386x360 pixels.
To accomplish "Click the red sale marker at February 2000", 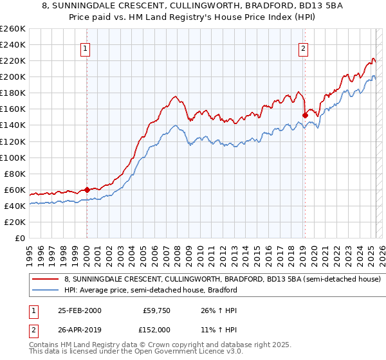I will (87, 190).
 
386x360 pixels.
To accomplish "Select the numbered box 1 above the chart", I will (86, 47).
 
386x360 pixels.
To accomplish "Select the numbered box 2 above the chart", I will (303, 47).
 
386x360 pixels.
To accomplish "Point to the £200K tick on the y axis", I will (14, 76).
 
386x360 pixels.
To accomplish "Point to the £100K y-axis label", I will (14, 157).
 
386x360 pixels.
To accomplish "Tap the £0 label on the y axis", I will (20, 238).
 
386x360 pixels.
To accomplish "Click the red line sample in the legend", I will (46, 280).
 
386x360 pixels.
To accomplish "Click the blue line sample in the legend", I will (46, 290).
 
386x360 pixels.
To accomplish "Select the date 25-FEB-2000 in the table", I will (79, 310).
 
